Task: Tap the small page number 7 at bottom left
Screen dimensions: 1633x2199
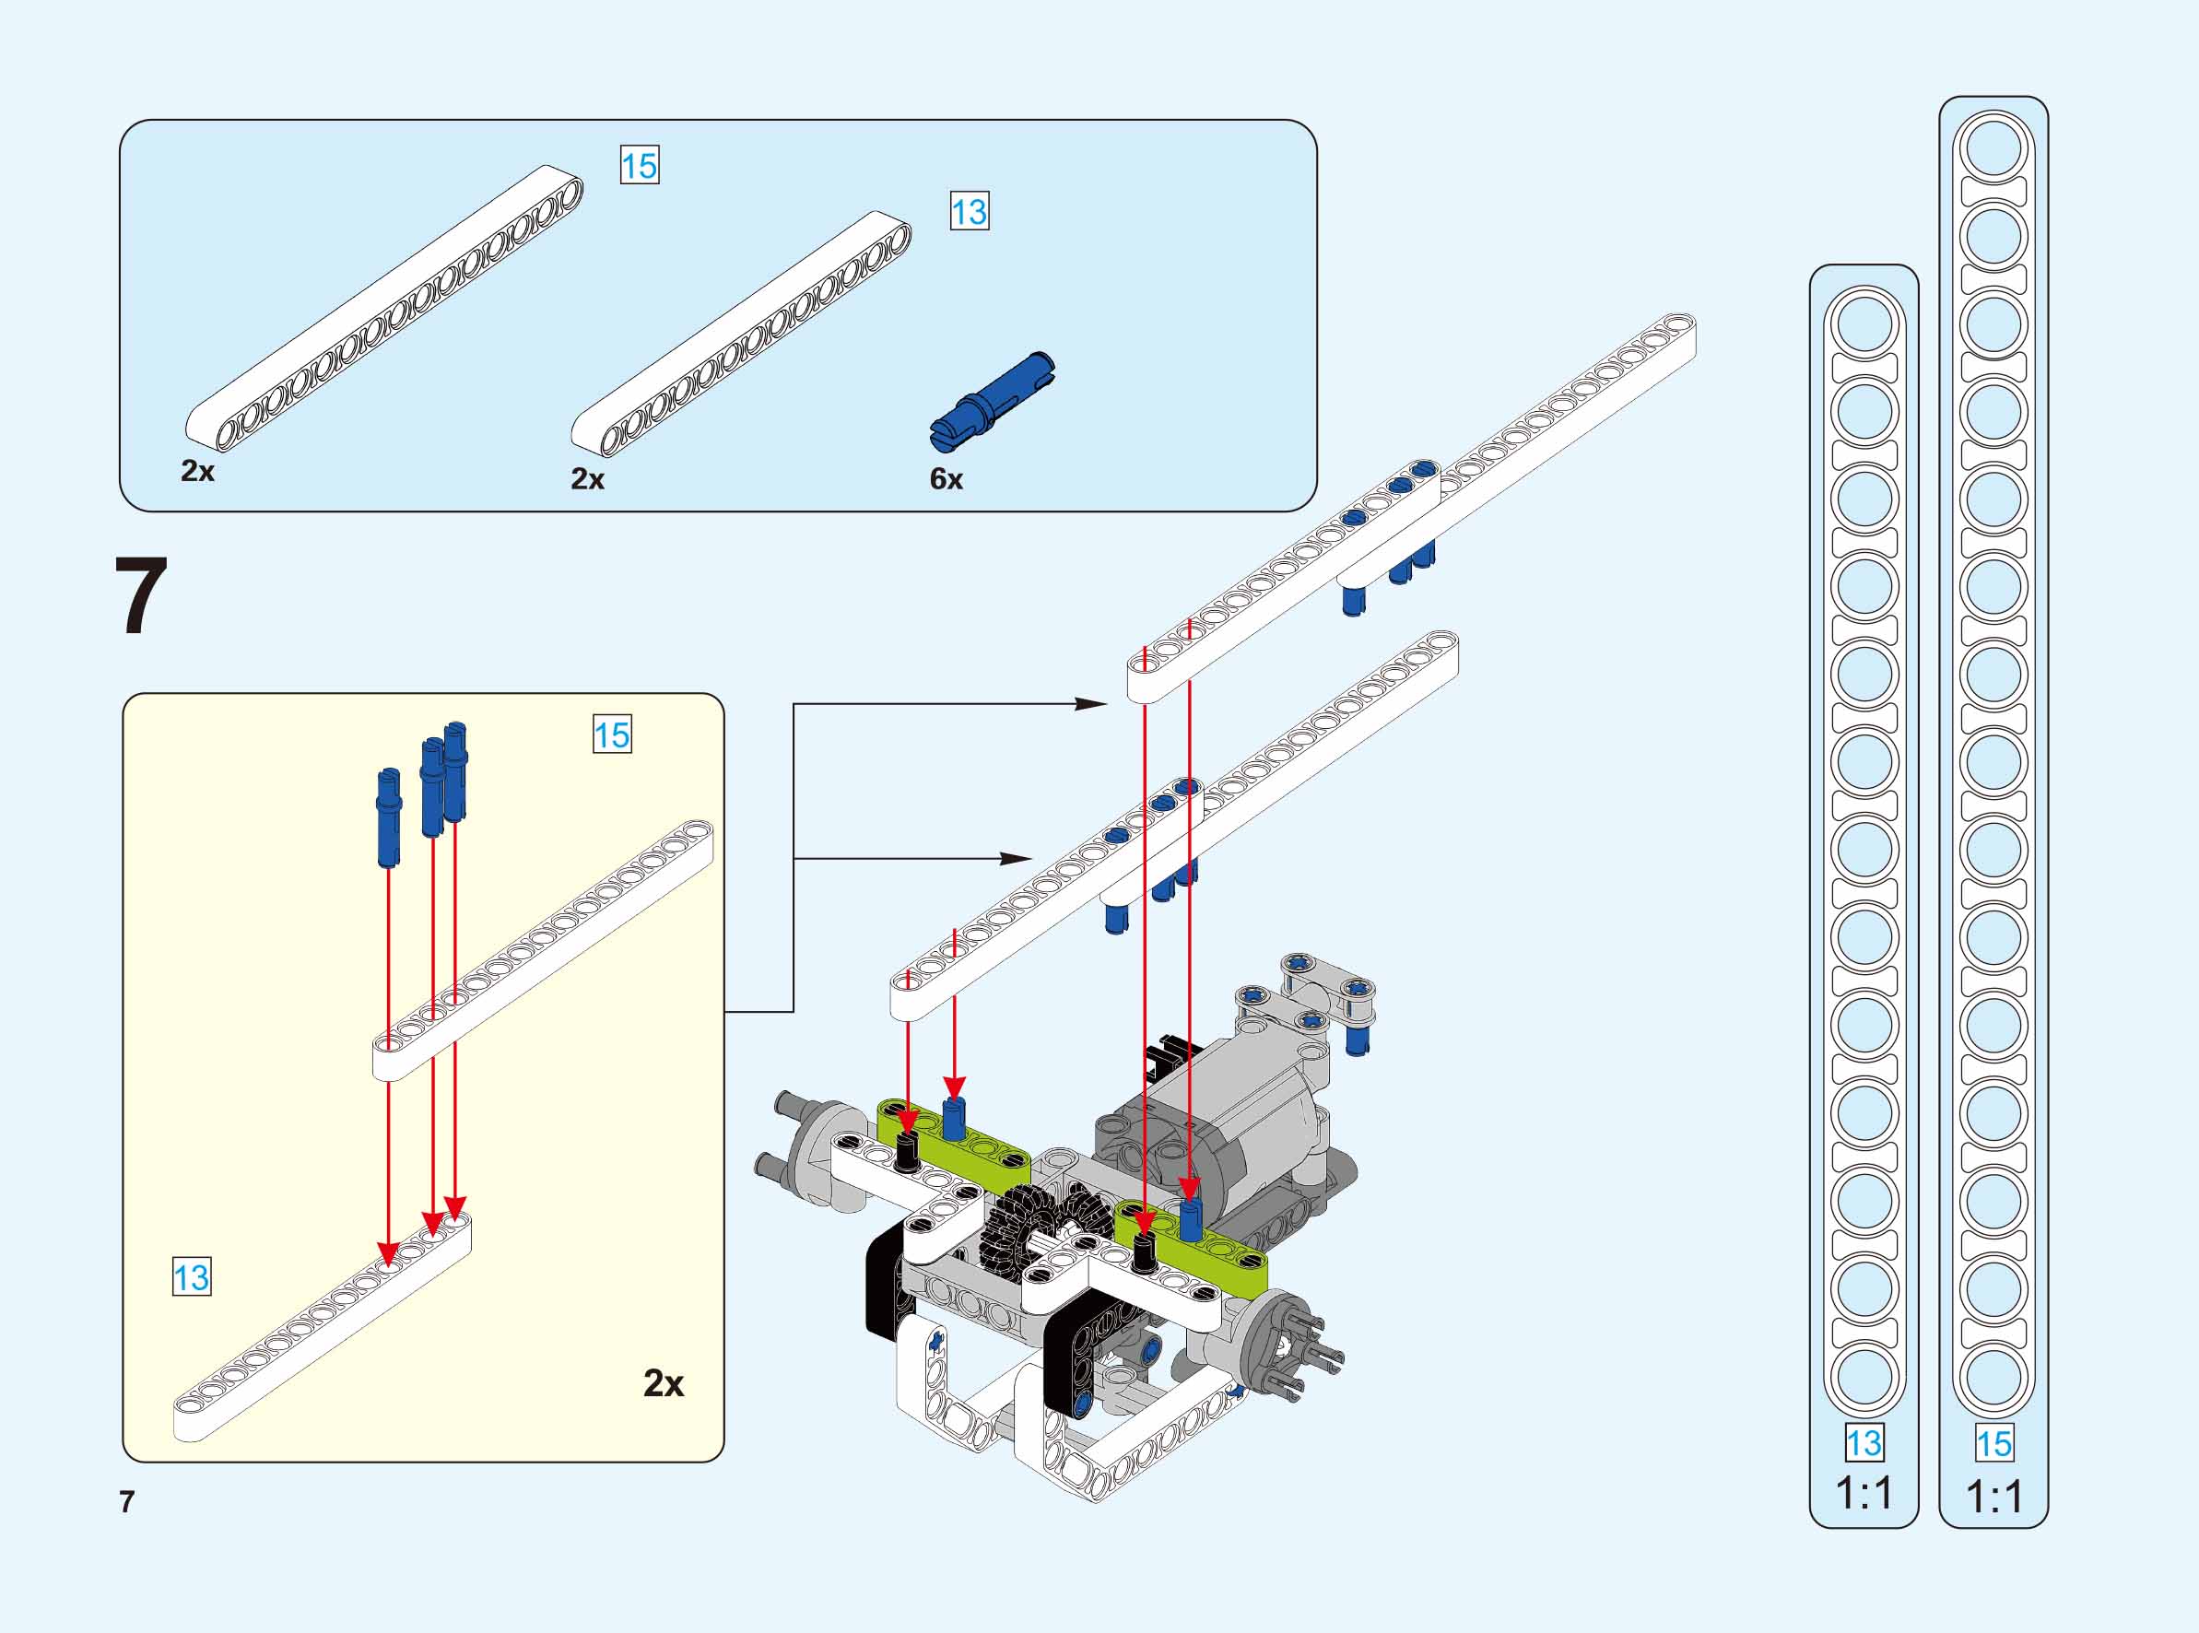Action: [126, 1501]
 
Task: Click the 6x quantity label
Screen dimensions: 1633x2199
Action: [946, 479]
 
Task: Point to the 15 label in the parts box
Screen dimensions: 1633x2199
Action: [639, 165]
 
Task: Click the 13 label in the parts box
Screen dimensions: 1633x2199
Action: [969, 212]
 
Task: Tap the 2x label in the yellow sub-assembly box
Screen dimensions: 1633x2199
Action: [664, 1384]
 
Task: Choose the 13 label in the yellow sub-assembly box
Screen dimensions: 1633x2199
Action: [191, 1277]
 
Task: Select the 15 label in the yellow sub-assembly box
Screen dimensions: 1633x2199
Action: [611, 734]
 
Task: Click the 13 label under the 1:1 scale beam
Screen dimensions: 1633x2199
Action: [1864, 1443]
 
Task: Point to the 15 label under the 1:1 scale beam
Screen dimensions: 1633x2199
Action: [1993, 1443]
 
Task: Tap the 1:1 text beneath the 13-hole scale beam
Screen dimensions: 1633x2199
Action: [1864, 1493]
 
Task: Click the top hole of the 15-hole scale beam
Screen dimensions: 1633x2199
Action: [1993, 148]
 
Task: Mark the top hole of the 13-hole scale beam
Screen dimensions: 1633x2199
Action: [1864, 323]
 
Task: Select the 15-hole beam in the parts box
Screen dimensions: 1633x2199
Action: [385, 307]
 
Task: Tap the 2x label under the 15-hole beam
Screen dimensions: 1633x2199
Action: [197, 472]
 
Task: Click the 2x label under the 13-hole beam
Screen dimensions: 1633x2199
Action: [587, 479]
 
